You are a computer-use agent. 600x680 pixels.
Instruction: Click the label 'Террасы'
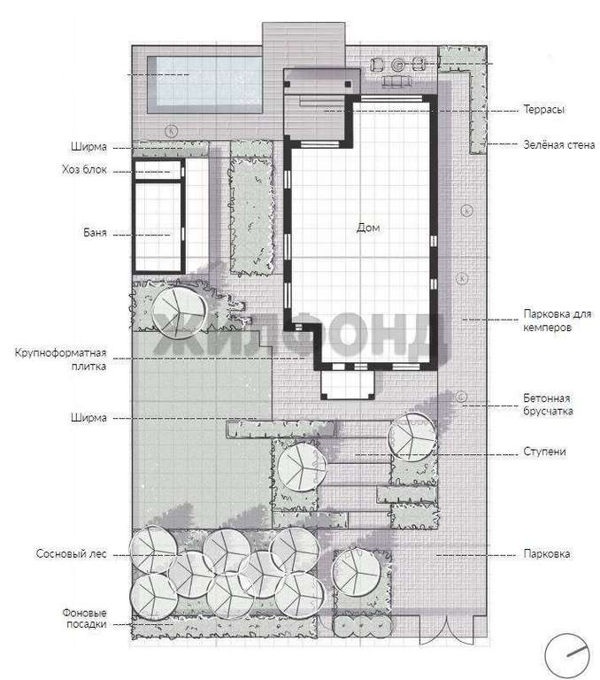[x=544, y=109]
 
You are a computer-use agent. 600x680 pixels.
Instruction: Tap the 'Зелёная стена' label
[x=558, y=145]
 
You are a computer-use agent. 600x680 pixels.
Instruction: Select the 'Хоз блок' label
[x=84, y=169]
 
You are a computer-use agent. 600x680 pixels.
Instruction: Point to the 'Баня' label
[x=95, y=233]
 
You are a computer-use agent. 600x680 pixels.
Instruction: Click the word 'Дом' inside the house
[x=368, y=228]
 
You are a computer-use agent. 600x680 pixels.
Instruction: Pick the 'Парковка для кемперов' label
[x=558, y=321]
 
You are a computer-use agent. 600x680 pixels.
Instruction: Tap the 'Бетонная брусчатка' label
[x=548, y=404]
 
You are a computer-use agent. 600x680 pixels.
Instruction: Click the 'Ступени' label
[x=544, y=452]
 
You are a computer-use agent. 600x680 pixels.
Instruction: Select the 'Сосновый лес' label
[x=71, y=553]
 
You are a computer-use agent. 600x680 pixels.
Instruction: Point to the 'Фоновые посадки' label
[x=85, y=618]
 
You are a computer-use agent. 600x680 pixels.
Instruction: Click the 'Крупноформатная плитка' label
[x=61, y=359]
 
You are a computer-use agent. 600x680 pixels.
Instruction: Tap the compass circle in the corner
[x=566, y=656]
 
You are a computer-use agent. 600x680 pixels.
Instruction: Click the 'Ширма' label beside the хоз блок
[x=88, y=147]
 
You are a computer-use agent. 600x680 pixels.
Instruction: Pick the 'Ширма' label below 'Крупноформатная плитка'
[x=88, y=418]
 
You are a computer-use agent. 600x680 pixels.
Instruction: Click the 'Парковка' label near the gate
[x=547, y=553]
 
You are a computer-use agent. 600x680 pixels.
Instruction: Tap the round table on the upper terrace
[x=398, y=65]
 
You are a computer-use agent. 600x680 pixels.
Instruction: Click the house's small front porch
[x=348, y=384]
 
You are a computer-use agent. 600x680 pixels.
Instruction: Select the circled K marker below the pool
[x=173, y=130]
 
